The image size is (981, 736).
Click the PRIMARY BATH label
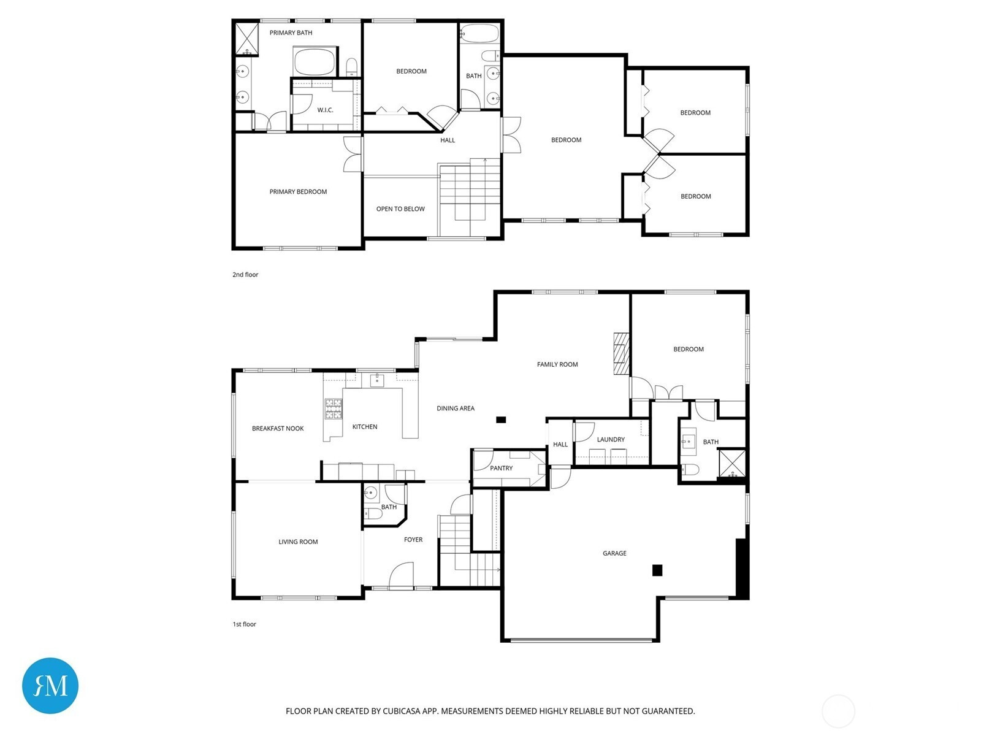(291, 33)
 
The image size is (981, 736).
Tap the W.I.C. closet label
(325, 110)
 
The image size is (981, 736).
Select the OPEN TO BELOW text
(400, 209)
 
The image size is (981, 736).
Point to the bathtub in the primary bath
(314, 62)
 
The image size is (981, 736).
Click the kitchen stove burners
(333, 408)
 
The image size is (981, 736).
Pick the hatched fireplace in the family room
(621, 353)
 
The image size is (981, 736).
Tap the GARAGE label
(614, 553)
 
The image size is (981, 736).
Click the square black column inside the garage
(657, 570)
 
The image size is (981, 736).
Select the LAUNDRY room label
(611, 439)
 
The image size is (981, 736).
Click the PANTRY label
(501, 469)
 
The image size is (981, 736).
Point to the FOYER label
(413, 539)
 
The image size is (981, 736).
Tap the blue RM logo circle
(50, 685)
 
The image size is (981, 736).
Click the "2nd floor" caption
(245, 274)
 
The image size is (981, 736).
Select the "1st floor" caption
(245, 624)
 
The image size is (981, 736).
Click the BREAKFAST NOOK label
(278, 429)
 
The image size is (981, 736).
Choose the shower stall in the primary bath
(247, 39)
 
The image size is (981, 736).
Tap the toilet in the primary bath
(352, 67)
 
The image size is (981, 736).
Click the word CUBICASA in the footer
(402, 711)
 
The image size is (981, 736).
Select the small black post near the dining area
(500, 420)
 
